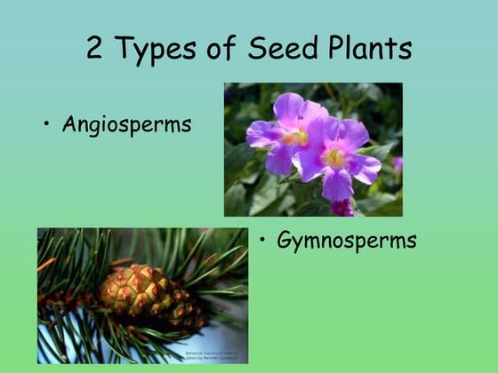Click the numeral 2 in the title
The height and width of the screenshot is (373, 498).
point(96,47)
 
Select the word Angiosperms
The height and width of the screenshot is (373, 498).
point(126,125)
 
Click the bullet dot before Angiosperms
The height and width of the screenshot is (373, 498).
point(46,124)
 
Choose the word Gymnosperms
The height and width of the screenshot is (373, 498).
point(346,241)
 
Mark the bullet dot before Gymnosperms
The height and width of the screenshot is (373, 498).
point(264,240)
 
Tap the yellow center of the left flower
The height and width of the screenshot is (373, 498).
point(295,138)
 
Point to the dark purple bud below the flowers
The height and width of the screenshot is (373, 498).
point(341,207)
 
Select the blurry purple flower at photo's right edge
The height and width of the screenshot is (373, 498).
point(397,163)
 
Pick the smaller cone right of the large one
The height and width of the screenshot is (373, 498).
point(185,313)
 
